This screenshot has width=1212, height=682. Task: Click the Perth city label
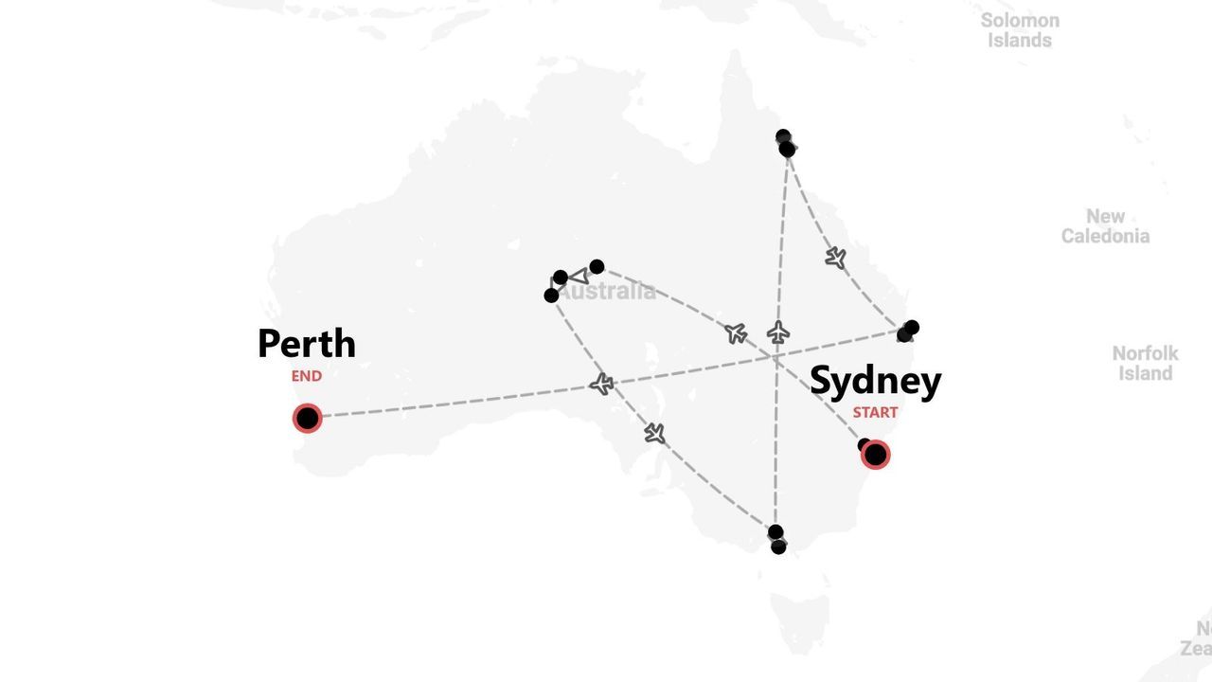[x=306, y=343]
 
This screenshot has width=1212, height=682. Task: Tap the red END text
[x=306, y=376]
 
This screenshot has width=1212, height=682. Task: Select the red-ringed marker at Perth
[x=307, y=418]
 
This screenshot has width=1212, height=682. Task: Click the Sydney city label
[x=875, y=381]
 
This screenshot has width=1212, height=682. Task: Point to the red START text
[x=875, y=412]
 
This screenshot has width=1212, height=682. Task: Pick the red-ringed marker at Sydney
[x=876, y=455]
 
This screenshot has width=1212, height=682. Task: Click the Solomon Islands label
[x=1020, y=30]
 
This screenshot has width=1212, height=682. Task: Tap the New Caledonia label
[x=1105, y=226]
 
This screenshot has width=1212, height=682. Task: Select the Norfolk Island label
[x=1145, y=363]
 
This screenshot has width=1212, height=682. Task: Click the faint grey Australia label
[x=607, y=292]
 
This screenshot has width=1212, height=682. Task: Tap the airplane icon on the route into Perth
[x=601, y=384]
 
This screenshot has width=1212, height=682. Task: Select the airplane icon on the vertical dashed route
[x=778, y=332]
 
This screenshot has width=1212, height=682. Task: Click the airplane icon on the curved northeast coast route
[x=835, y=258]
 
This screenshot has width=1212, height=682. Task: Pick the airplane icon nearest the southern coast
[x=654, y=433]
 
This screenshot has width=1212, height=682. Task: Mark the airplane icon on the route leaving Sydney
[x=736, y=332]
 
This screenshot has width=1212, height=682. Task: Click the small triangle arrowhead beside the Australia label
[x=579, y=277]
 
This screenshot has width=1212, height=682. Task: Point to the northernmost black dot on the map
[x=783, y=137]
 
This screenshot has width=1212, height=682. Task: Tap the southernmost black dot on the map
[x=778, y=547]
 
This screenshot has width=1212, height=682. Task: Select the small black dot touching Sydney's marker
[x=864, y=444]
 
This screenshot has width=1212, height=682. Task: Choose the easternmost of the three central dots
[x=597, y=267]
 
